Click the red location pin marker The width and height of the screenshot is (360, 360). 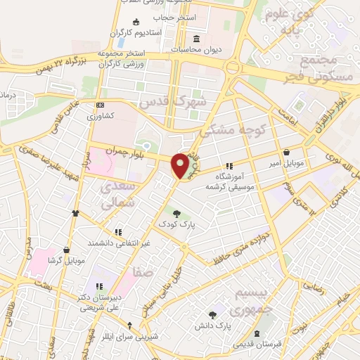[180, 166]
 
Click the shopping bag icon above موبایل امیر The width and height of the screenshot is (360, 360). [286, 152]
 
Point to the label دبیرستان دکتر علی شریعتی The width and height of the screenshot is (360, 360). [100, 301]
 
